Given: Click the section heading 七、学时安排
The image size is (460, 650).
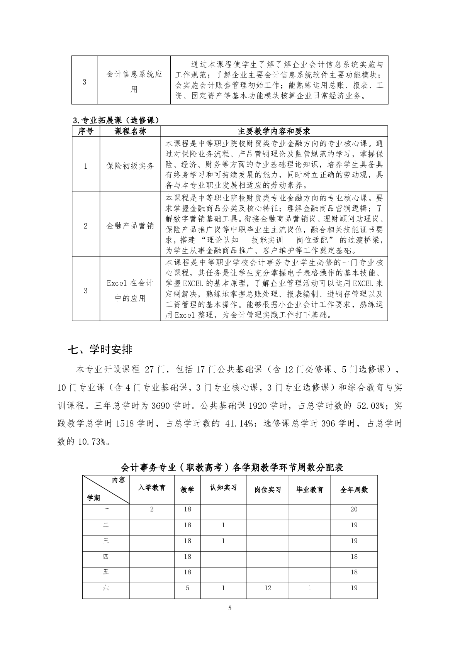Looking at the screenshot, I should tap(100, 350).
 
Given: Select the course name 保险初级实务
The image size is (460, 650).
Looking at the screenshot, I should tap(130, 166).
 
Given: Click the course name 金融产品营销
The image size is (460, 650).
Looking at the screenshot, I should tap(130, 226).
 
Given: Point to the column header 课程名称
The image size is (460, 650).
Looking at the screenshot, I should tap(130, 131).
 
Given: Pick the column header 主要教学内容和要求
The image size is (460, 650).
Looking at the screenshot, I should tap(274, 131).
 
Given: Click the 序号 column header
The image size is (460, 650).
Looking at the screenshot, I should tap(86, 131).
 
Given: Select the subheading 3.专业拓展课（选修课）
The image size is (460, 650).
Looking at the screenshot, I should tap(116, 120).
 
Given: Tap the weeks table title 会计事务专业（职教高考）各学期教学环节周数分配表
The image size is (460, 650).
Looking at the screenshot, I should tap(232, 467).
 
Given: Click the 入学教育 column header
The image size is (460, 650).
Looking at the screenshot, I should tap(152, 487).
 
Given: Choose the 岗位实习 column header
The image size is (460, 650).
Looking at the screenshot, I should tap(268, 490).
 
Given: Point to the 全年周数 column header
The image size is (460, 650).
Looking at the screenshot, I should tap(354, 490).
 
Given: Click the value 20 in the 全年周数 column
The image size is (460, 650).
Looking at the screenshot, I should tap(354, 509).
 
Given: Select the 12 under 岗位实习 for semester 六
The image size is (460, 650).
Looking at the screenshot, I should tap(268, 588).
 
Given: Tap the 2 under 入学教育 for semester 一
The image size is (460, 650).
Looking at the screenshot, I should tap(152, 509).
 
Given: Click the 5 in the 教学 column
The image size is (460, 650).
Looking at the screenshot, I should tap(187, 588).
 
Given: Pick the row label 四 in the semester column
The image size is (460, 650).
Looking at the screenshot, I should tap(106, 556).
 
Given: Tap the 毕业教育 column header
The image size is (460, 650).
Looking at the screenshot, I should tap(310, 490).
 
